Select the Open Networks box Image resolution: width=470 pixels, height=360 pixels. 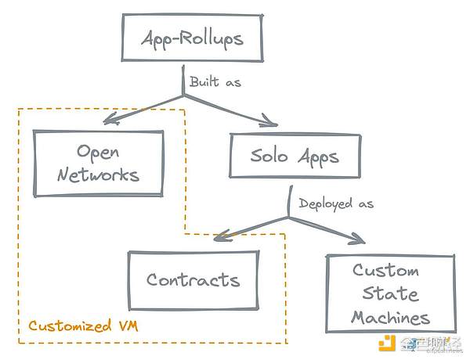coord(98,162)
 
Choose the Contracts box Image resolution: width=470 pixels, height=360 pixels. coord(193,279)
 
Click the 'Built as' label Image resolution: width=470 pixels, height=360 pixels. coord(214,81)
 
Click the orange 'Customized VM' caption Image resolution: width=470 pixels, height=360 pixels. coord(83,326)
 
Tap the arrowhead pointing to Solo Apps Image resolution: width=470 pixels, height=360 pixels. coord(269,122)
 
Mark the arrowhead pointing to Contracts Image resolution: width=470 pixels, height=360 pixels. coord(220,235)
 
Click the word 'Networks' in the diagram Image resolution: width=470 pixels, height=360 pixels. coord(98,175)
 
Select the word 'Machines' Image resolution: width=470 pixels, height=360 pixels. coord(390,317)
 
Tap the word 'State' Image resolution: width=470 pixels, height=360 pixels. coord(389,293)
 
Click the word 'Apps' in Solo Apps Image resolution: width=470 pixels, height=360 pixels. coord(319,156)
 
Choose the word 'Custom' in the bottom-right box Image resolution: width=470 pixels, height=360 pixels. coord(385,271)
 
